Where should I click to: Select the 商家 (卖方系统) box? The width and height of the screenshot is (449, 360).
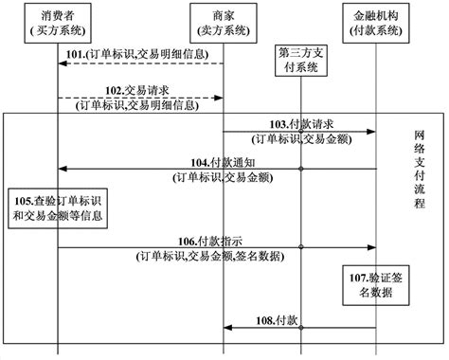224,23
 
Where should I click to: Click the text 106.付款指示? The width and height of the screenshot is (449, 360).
215,240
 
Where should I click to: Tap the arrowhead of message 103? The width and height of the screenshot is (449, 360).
372,134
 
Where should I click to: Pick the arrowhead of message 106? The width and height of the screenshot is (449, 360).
372,249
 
